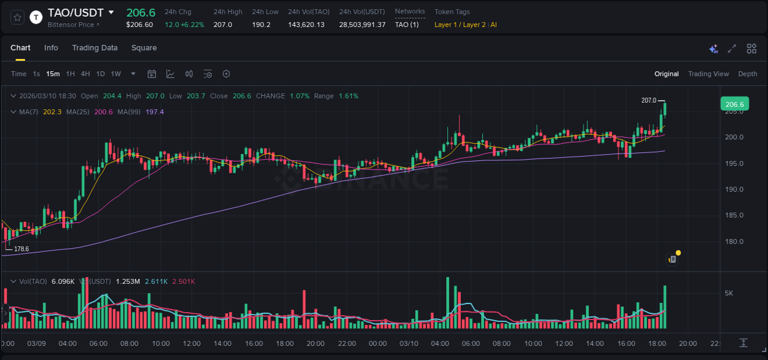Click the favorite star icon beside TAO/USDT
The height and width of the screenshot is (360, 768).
pyautogui.click(x=18, y=17)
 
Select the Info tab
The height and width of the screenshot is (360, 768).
pyautogui.click(x=51, y=48)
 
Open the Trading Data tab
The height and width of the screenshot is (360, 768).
pyautogui.click(x=95, y=48)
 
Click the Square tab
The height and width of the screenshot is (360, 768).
pyautogui.click(x=144, y=48)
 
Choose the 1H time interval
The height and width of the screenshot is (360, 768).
pyautogui.click(x=70, y=74)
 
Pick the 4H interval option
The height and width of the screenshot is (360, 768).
pyautogui.click(x=85, y=74)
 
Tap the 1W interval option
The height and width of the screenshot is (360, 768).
pyautogui.click(x=116, y=74)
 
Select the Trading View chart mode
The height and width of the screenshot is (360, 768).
pyautogui.click(x=708, y=74)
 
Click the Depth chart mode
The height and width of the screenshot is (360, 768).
pyautogui.click(x=748, y=74)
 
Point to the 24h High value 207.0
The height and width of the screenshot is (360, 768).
pyautogui.click(x=222, y=25)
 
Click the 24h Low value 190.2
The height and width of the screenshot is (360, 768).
pyautogui.click(x=261, y=25)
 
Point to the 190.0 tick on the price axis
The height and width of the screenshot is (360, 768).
pyautogui.click(x=734, y=189)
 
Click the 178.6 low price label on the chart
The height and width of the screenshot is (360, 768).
pyautogui.click(x=22, y=249)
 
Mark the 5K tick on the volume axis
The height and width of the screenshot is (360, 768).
pyautogui.click(x=729, y=293)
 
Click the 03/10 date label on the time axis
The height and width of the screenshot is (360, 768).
pyautogui.click(x=409, y=343)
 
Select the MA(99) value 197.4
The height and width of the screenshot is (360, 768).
pyautogui.click(x=155, y=112)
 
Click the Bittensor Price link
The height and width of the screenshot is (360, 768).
pyautogui.click(x=72, y=25)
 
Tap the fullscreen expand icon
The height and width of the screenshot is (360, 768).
pyautogui.click(x=732, y=49)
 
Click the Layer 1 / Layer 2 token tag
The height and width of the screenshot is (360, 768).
pyautogui.click(x=460, y=25)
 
